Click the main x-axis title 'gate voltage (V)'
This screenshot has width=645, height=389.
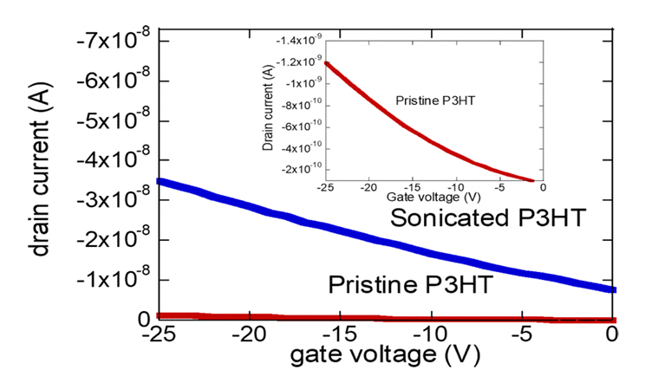(388, 355)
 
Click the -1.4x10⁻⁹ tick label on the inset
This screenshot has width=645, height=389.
(298, 41)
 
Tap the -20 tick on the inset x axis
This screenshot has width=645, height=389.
(368, 187)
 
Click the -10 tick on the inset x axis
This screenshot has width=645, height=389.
(455, 187)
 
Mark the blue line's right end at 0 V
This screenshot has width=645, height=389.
(613, 289)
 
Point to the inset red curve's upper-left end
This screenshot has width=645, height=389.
(327, 62)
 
